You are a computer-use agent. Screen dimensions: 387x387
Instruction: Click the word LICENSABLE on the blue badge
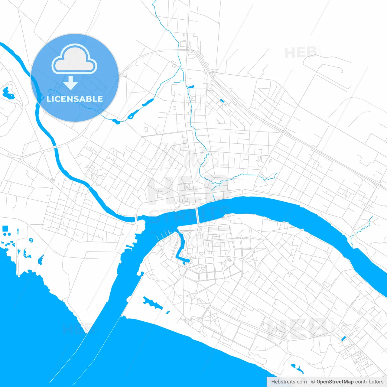[75, 99]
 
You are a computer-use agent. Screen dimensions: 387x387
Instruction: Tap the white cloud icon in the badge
[74, 60]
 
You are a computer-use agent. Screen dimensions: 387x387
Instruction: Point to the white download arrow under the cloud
[71, 83]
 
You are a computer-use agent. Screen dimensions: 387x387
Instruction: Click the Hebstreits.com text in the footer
[289, 382]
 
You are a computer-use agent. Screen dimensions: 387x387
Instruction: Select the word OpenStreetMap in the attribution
[335, 382]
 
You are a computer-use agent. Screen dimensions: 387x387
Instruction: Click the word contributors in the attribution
[369, 382]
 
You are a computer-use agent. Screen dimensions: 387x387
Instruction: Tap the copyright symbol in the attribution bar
[313, 382]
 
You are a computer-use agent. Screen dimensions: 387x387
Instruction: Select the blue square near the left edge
[5, 229]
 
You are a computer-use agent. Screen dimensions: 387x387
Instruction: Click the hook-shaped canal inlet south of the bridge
[182, 248]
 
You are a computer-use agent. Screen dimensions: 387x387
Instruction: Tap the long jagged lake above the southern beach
[153, 303]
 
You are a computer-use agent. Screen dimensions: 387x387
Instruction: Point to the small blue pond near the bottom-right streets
[343, 339]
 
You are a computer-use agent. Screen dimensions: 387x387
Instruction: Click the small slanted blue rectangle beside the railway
[222, 101]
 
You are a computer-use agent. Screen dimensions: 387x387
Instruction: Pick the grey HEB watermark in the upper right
[301, 53]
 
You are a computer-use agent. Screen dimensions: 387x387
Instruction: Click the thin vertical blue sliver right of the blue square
[18, 232]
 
